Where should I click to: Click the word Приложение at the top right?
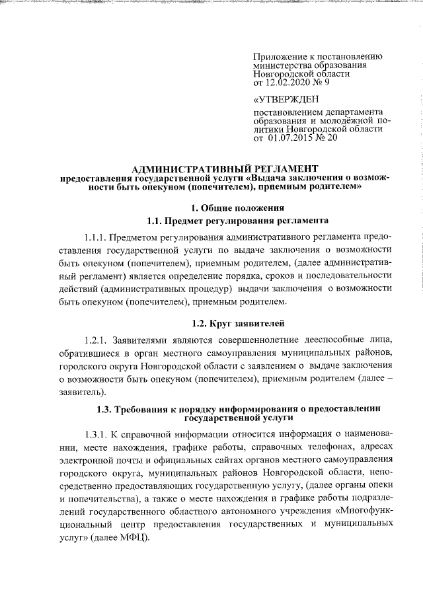[x=280, y=57]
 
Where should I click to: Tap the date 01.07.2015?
[x=295, y=139]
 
